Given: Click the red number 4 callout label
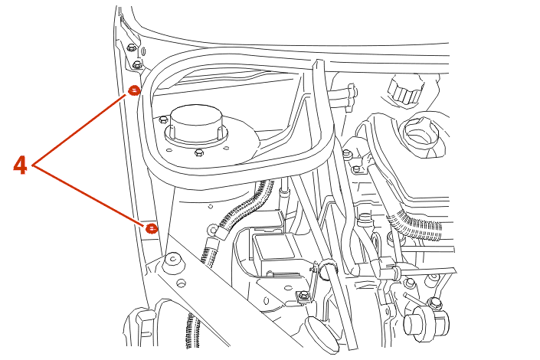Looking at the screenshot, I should tap(21, 165).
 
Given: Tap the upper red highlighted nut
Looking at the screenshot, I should tap(134, 90).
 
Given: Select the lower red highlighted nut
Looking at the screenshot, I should tap(152, 227).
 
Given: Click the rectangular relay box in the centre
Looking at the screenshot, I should tap(272, 250).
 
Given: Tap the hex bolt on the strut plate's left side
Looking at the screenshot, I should tap(164, 119).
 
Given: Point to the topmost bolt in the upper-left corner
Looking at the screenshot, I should tap(131, 48).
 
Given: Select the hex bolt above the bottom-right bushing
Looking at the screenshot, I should tap(436, 303).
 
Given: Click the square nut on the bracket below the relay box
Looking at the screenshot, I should tap(298, 296).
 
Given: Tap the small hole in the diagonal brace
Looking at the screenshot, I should tap(182, 283).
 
